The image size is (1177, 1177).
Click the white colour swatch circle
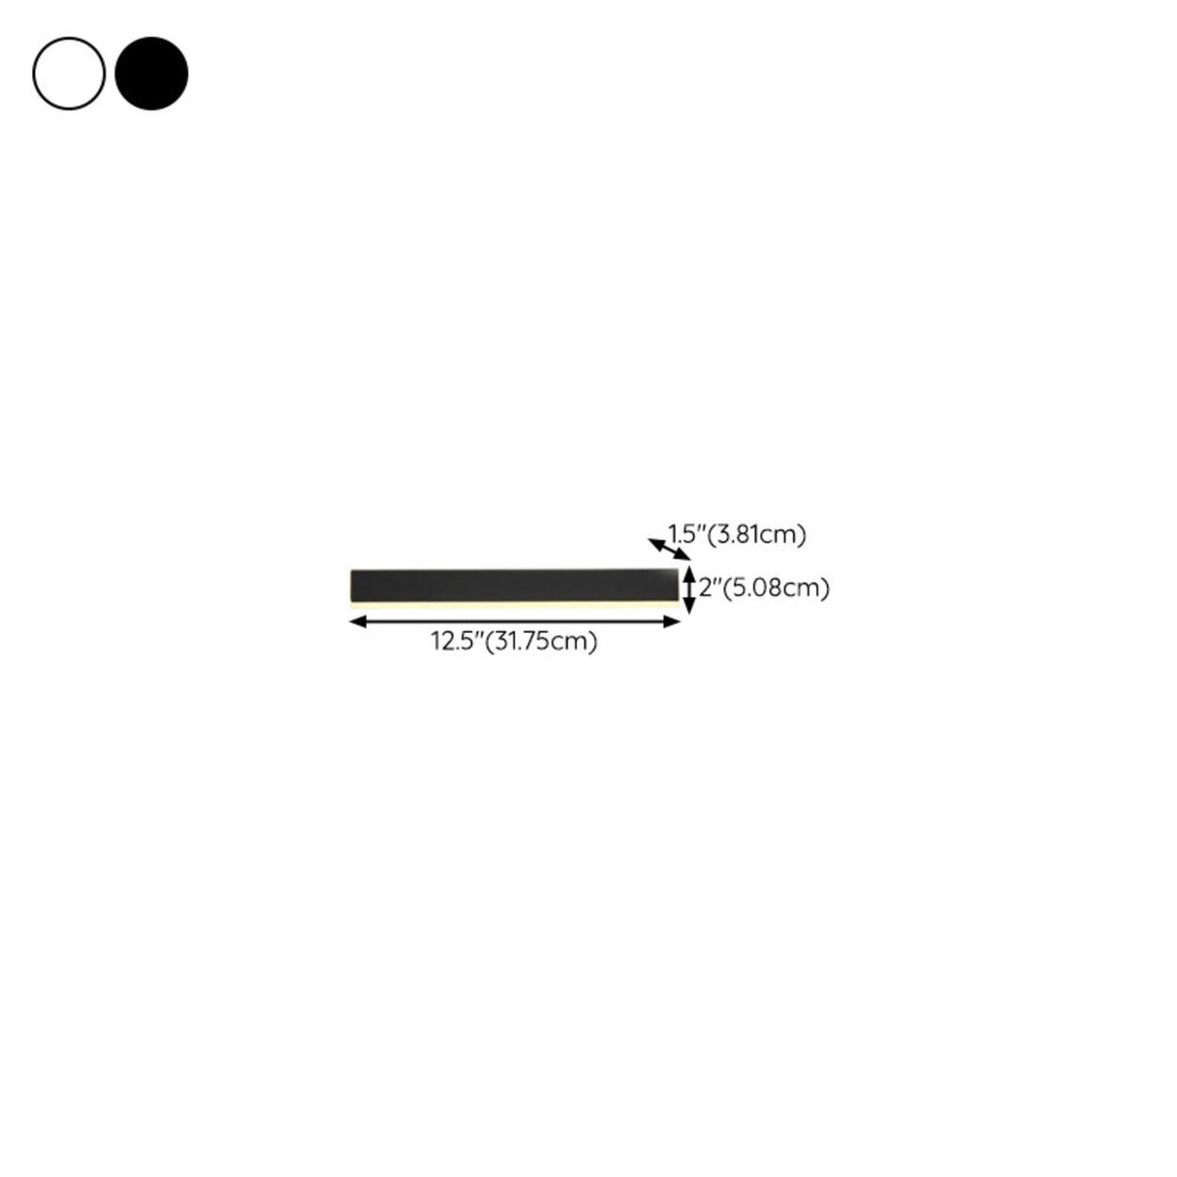click(69, 74)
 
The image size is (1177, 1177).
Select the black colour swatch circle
click(151, 74)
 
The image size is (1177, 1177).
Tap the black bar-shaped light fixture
click(514, 585)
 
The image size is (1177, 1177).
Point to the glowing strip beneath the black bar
click(514, 604)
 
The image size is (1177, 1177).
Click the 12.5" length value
click(457, 641)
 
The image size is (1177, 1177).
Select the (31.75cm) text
click(541, 641)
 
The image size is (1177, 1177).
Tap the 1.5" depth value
click(683, 533)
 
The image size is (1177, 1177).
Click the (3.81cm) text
click(757, 533)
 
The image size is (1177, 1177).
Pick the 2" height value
click(712, 588)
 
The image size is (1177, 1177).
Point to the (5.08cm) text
click(779, 588)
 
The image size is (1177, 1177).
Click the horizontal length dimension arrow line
click(514, 622)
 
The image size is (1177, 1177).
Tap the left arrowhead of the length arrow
click(356, 622)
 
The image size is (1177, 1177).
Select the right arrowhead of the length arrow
click(674, 622)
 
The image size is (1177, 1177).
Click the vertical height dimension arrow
click(688, 590)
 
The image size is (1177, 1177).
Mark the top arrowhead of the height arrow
click(688, 573)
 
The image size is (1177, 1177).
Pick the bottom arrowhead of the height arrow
click(688, 608)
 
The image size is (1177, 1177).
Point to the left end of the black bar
click(354, 585)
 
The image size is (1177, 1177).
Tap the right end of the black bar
click(675, 585)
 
